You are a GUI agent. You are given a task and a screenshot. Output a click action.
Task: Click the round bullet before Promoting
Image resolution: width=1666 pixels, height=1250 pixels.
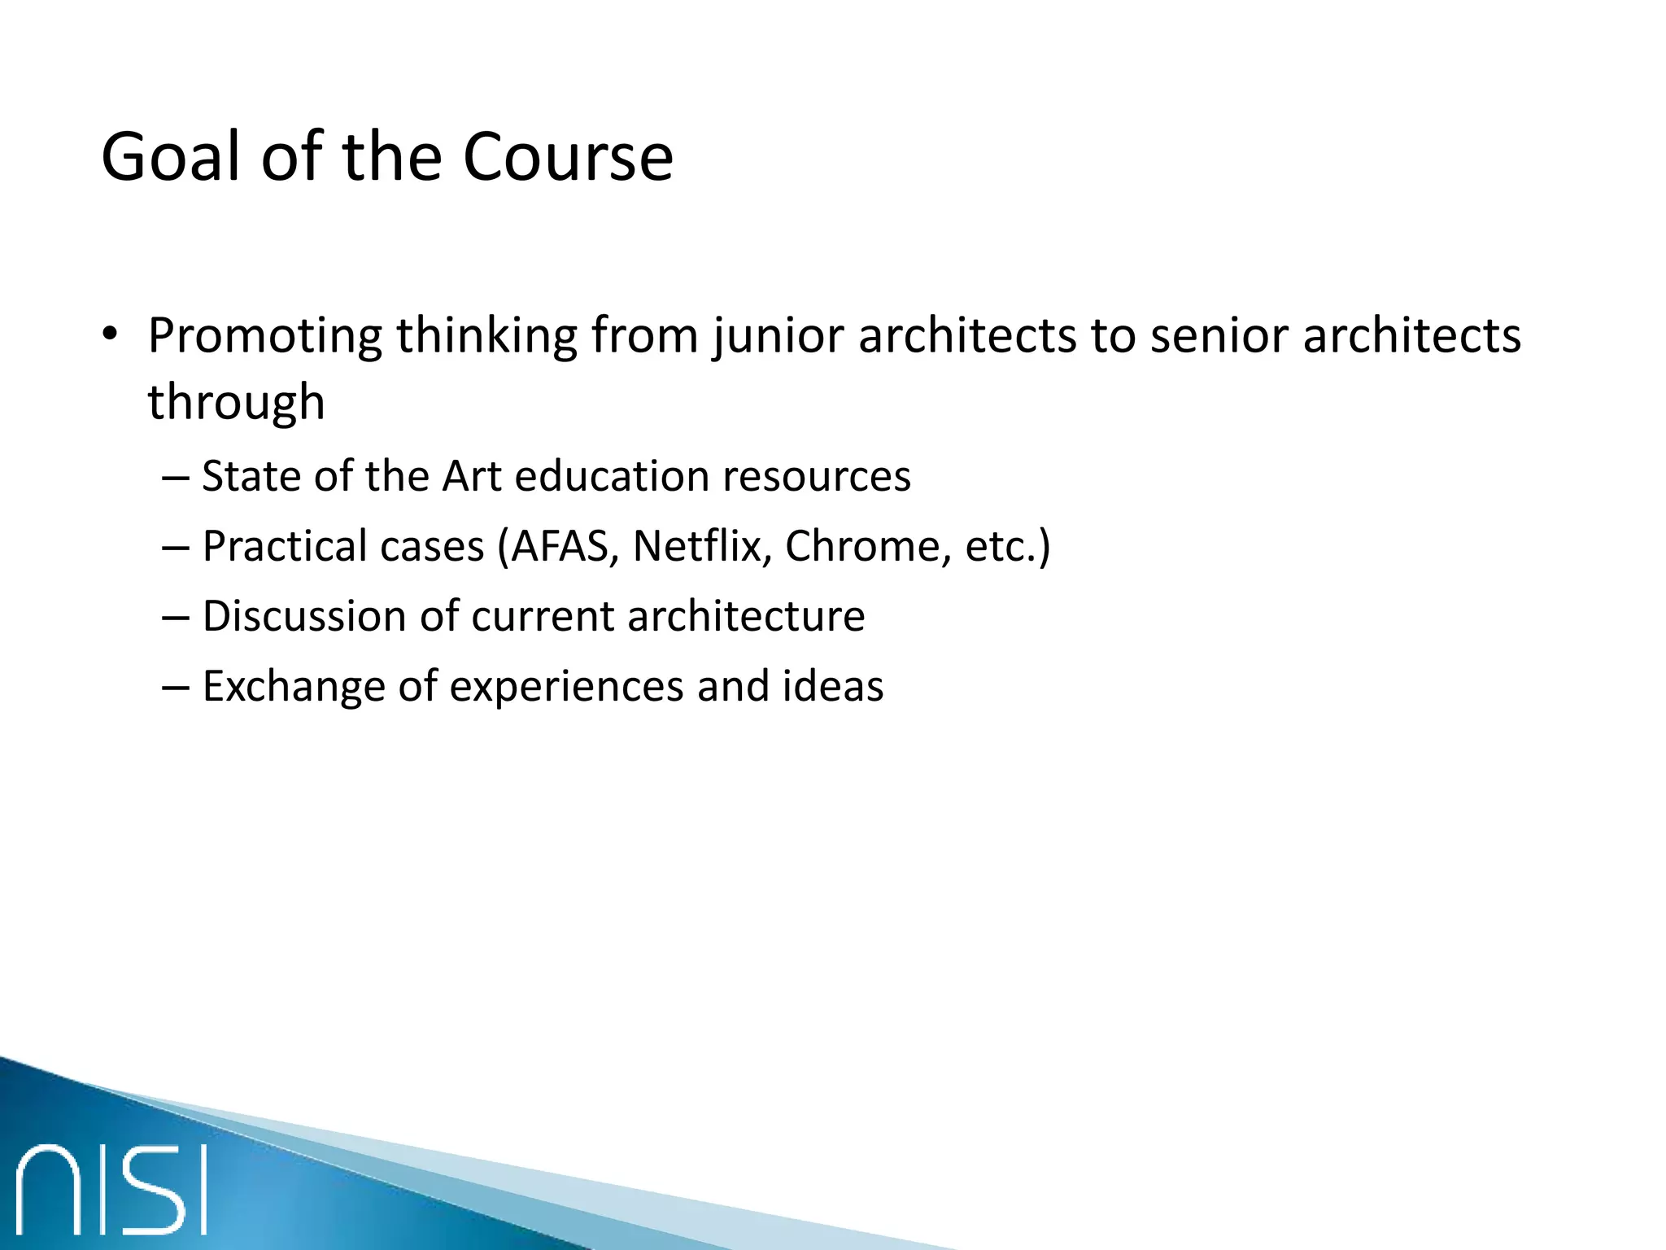coord(111,334)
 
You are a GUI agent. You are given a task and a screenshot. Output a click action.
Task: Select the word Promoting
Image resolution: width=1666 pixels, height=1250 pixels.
coord(264,336)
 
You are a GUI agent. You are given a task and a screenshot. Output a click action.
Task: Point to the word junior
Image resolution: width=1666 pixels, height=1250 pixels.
coord(777,336)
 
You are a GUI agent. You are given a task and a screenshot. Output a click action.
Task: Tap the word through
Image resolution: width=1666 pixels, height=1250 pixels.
coord(236,403)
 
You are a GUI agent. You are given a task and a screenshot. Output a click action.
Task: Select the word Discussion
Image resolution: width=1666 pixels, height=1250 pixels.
coord(303,616)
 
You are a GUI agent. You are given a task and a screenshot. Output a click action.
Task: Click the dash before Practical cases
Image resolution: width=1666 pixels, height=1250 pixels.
coord(176,548)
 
